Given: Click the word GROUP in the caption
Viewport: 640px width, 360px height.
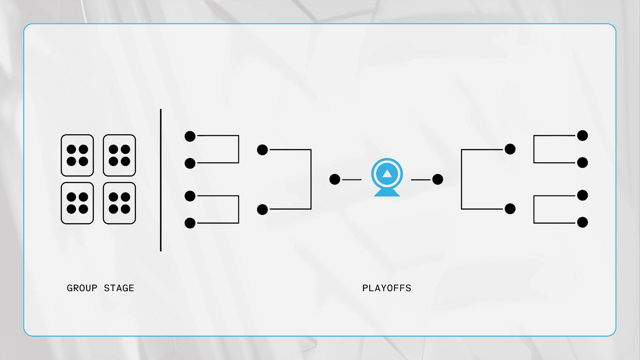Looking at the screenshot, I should coord(82,288).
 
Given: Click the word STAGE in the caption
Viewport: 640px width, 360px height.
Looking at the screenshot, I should coord(119,288).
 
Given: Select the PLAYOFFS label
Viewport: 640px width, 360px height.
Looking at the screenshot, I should coord(387,288).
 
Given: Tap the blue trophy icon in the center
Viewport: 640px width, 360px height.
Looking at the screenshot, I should coord(387,177).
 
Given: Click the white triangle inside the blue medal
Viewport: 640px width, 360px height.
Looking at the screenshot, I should coord(387,174).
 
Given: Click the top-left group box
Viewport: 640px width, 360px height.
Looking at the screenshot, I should coord(77,155).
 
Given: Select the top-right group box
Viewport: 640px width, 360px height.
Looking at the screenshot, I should coord(119,155).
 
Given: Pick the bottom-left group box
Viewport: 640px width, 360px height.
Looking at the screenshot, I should coord(77,203).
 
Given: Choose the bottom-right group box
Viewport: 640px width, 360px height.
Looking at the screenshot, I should coord(119,203).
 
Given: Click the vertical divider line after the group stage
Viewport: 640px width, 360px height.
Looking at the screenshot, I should coord(161,180).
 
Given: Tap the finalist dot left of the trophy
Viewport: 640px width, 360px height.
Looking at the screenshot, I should coord(335,179).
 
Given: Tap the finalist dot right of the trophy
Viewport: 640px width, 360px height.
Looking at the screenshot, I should coord(437,179).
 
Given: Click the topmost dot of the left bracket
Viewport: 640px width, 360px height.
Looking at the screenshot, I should coord(190,136).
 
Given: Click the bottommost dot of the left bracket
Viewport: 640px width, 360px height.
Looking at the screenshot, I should coord(190,223).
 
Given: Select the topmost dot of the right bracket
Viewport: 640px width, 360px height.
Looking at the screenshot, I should coord(582,136).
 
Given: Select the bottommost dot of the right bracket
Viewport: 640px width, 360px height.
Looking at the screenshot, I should coord(582,222).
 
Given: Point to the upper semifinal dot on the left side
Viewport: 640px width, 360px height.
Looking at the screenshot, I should coord(262,150).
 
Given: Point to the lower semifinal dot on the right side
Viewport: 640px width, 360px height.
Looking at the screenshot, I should coord(510,209).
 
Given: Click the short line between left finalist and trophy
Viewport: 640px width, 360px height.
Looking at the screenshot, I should coord(352,180).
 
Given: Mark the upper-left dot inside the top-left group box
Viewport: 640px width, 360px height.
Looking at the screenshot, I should coord(71,149).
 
